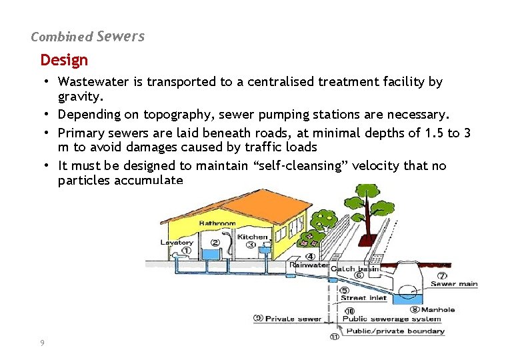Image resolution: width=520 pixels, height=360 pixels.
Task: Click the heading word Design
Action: [64, 60]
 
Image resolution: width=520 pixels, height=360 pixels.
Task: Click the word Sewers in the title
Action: [120, 37]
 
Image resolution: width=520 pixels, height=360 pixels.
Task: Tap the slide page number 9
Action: [42, 342]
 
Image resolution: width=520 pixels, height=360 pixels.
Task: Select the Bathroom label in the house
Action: [217, 223]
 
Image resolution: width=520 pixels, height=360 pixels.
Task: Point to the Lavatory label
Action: [176, 243]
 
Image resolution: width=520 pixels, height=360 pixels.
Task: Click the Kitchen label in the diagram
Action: [253, 237]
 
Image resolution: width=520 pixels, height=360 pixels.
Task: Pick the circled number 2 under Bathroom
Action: [215, 243]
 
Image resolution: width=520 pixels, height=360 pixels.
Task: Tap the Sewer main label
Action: [454, 284]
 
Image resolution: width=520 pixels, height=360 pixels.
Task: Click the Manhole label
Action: [438, 309]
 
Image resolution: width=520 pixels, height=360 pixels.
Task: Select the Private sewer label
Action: [293, 319]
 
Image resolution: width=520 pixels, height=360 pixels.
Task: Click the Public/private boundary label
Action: [395, 331]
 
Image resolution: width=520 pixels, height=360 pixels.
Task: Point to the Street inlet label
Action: [363, 298]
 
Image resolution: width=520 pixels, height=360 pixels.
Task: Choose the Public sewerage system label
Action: [392, 319]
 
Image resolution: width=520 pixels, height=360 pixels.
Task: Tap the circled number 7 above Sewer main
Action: [441, 275]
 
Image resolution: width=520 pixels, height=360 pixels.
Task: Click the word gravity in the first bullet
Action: [77, 96]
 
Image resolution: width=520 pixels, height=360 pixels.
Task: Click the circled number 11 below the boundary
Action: [334, 337]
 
